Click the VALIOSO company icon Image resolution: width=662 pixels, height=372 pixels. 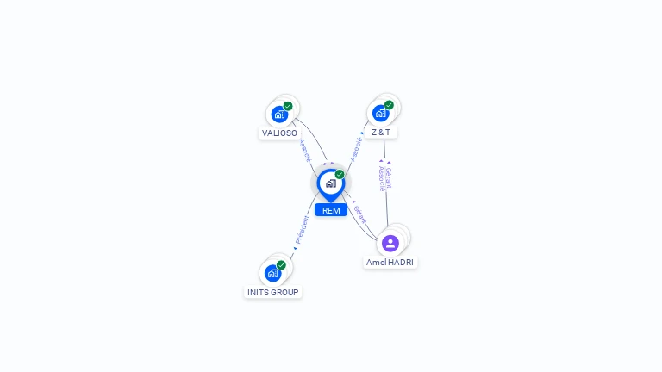(x=279, y=114)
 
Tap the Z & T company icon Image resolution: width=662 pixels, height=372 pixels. (x=380, y=113)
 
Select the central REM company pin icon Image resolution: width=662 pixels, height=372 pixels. (x=330, y=183)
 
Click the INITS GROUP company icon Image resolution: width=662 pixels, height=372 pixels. (x=273, y=273)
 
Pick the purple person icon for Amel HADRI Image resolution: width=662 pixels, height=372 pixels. (x=390, y=243)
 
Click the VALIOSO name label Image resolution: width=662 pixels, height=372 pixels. (x=279, y=133)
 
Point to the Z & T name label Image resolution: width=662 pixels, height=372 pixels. (x=380, y=133)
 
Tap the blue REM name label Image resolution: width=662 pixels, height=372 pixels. (x=331, y=210)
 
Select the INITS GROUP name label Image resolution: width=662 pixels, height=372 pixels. (x=273, y=293)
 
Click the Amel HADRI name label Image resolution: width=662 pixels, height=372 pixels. (x=390, y=262)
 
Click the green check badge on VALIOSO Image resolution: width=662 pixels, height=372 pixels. (x=288, y=106)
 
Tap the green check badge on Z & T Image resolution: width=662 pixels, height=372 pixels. (x=389, y=105)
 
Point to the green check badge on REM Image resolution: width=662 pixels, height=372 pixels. (x=340, y=175)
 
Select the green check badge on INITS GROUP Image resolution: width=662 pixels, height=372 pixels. (x=281, y=265)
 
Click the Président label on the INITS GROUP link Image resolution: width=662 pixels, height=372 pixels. (x=302, y=231)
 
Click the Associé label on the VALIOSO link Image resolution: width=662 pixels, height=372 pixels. (x=304, y=150)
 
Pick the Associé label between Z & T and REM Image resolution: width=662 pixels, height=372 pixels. (x=356, y=149)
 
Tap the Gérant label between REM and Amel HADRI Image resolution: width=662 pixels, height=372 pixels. (x=359, y=213)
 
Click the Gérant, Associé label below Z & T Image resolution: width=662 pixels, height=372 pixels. (x=384, y=179)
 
